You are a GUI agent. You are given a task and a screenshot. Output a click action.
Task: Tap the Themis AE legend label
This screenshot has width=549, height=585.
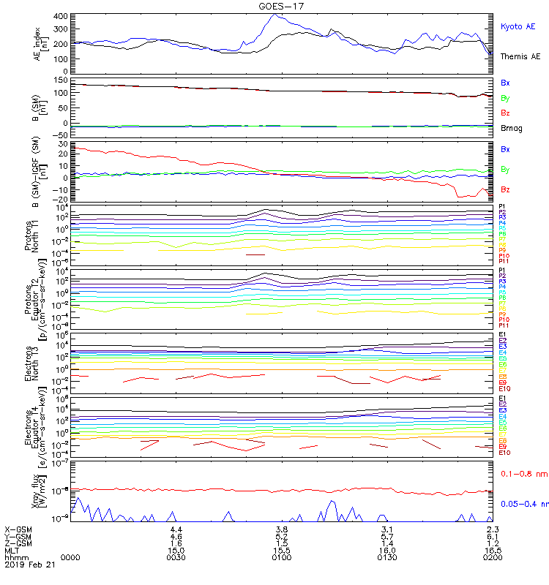[x=520, y=56]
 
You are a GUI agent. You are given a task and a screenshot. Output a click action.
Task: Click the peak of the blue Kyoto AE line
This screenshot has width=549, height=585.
[x=274, y=14]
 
